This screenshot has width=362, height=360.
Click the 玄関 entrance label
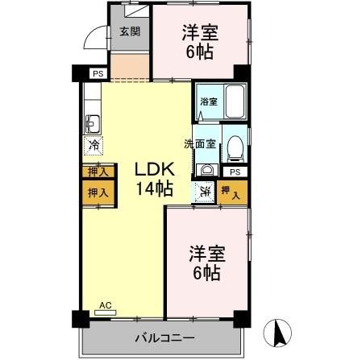pos(129,31)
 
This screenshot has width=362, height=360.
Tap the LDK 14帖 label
pos(153,180)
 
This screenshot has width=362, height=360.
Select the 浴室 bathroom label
pos(209,101)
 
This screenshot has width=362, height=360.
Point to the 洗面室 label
pos(199,144)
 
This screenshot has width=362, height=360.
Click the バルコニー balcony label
pos(164,337)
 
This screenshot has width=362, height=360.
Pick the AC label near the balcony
pos(104,305)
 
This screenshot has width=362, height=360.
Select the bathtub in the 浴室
pos(234,102)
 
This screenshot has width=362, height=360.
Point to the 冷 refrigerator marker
pos(94,147)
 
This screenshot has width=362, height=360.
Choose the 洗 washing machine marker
pos(205,192)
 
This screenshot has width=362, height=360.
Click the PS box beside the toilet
pos(235,172)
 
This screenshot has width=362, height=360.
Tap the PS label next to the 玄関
pos(98,73)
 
